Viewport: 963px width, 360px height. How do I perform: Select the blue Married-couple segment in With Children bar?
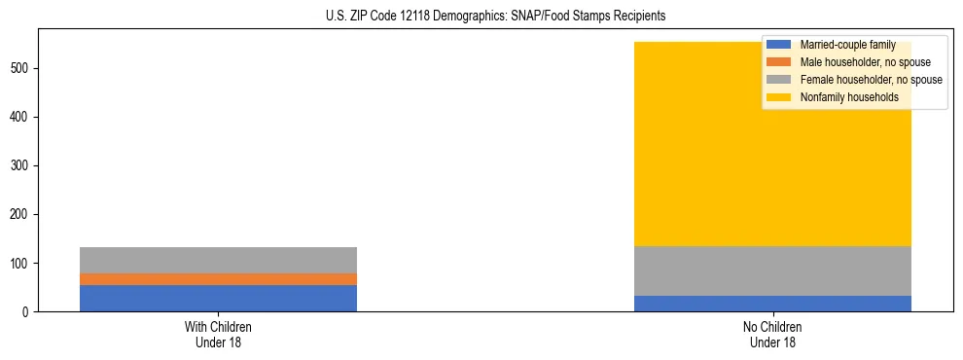(218, 298)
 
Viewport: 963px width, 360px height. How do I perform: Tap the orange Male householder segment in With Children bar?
(218, 279)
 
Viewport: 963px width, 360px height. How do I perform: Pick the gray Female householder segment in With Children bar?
(218, 260)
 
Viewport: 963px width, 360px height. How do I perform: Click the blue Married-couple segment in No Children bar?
(772, 304)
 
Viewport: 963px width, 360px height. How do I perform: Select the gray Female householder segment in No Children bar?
(772, 270)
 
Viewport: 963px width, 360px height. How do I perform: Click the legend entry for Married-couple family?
(847, 45)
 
